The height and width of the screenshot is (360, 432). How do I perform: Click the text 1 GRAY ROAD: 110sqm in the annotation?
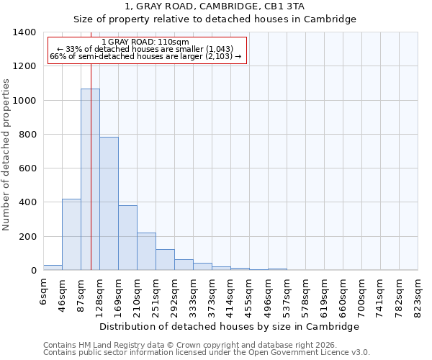coord(146,42)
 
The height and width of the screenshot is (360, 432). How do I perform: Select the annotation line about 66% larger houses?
coord(146,56)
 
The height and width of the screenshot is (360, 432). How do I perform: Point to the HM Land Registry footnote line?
coord(190,345)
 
